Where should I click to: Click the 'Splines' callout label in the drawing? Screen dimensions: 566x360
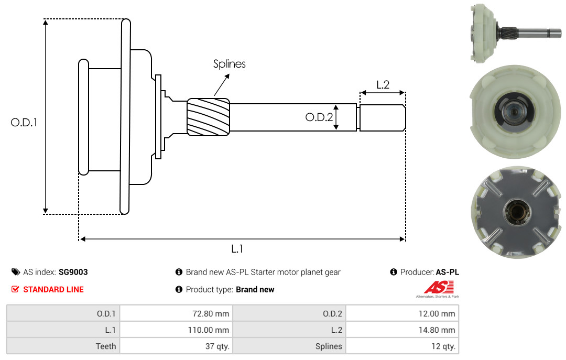point(229,64)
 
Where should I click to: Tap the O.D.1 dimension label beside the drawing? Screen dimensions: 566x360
point(24,123)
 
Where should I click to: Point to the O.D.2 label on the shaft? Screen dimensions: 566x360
point(319,117)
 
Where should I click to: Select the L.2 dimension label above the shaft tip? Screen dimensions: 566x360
point(383,85)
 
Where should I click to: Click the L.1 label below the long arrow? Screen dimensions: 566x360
point(237,249)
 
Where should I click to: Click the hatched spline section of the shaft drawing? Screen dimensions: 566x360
point(208,117)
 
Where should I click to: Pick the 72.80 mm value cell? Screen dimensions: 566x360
point(176,313)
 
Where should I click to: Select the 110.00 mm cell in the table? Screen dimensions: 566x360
point(176,330)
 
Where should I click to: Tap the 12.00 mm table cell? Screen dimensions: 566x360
point(402,313)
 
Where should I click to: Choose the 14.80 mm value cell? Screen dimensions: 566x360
point(402,330)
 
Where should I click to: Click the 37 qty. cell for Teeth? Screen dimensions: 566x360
point(176,346)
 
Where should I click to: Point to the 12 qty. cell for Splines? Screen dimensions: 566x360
point(402,346)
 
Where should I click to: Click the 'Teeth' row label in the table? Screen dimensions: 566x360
point(106,346)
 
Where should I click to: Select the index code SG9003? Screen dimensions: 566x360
point(73,272)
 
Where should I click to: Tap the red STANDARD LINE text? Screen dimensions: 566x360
point(53,289)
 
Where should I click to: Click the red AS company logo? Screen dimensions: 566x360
point(439,288)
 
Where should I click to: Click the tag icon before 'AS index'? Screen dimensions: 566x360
point(16,272)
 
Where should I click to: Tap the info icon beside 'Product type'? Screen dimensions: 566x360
point(179,289)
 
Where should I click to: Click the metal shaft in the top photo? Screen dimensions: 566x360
point(530,34)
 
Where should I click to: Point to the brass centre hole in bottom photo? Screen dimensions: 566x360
point(517,211)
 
